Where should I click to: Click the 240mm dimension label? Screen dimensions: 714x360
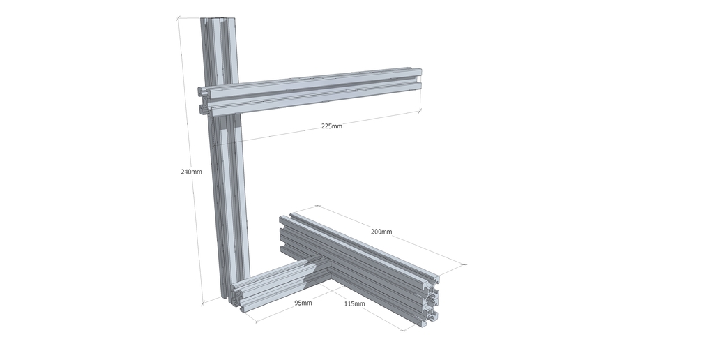(x=191, y=172)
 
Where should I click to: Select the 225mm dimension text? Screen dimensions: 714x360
(x=331, y=126)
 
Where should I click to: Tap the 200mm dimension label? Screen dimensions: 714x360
(x=381, y=232)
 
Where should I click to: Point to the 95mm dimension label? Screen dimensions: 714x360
(x=303, y=303)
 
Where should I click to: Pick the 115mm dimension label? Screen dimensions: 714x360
(x=354, y=303)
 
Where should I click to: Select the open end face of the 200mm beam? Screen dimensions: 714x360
(x=432, y=301)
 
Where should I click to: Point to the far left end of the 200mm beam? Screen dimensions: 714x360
(x=284, y=232)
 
